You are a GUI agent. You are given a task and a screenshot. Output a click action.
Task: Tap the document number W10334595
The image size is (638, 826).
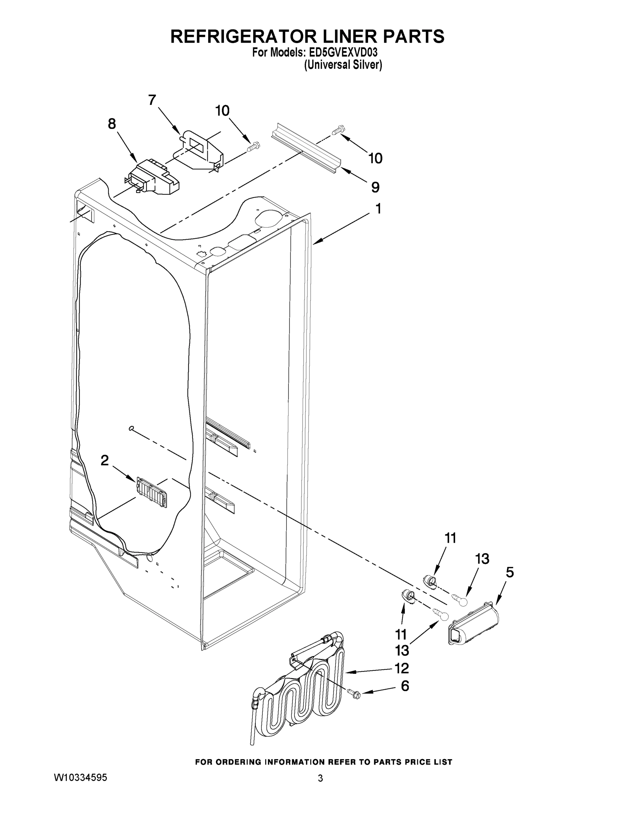(80, 777)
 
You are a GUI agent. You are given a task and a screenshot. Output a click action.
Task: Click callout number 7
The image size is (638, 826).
(152, 100)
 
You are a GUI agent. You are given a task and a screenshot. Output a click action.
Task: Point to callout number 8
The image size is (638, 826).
(112, 124)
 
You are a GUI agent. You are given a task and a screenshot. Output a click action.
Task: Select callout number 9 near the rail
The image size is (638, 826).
(375, 187)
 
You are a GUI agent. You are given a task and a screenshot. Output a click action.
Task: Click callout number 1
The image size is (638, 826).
(378, 208)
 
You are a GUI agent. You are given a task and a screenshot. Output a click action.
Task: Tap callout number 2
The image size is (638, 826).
(105, 460)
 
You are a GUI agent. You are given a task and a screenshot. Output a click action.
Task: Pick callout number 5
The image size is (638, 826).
(509, 573)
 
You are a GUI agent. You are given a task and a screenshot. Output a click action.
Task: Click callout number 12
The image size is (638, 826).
(402, 668)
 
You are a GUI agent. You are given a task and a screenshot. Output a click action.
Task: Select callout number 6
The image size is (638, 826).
(405, 686)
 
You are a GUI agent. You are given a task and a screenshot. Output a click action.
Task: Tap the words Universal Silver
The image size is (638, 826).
(343, 65)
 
